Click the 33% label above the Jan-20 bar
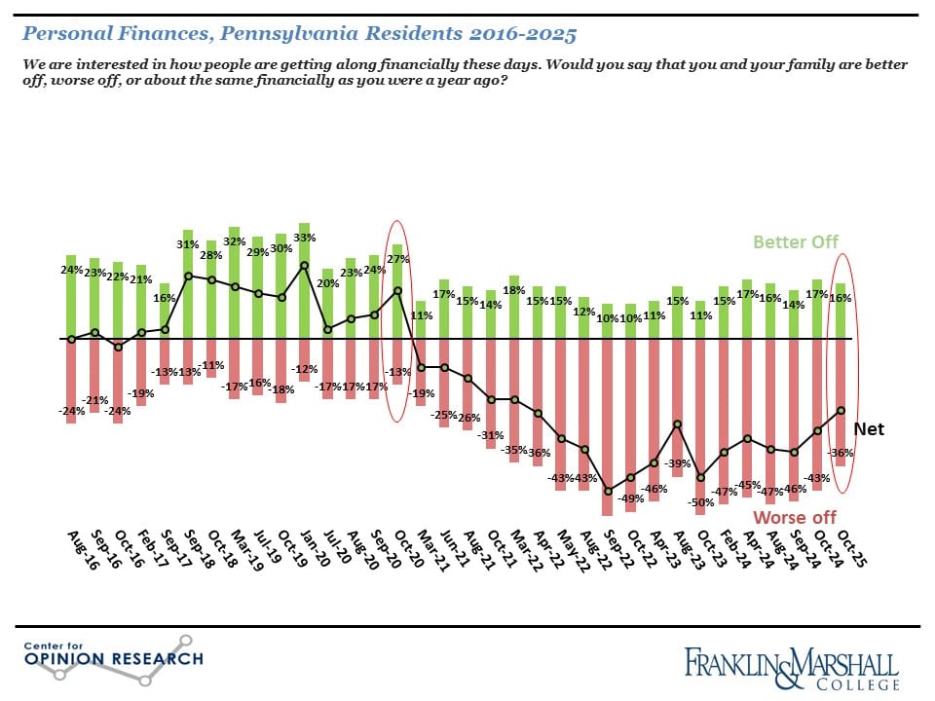click(x=304, y=237)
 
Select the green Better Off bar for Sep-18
click(x=188, y=286)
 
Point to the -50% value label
click(x=698, y=501)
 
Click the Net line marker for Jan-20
click(x=304, y=265)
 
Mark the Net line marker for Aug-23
click(x=676, y=424)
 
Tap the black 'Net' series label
click(x=868, y=428)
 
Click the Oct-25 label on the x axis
click(x=854, y=551)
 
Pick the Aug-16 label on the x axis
click(x=79, y=551)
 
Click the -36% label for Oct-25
click(x=841, y=453)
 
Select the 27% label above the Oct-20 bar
click(x=397, y=260)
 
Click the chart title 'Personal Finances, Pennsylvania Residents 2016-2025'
click(x=299, y=34)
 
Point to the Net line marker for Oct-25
click(x=841, y=410)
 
